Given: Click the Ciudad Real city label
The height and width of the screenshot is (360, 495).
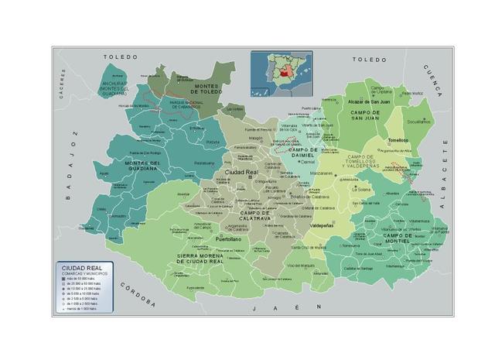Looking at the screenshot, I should point(241,172).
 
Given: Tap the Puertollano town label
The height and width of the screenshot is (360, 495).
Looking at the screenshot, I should point(230,240).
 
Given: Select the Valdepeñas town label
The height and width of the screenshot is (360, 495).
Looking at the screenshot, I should point(322,225).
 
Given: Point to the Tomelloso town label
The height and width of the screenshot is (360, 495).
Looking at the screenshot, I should point(398,140).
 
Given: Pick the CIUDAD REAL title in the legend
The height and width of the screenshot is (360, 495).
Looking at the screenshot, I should point(80,268).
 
